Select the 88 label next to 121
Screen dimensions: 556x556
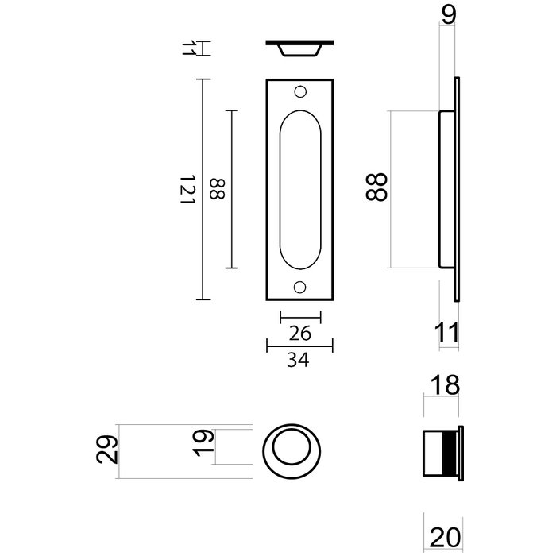(x=216, y=189)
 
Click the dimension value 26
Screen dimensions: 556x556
(x=299, y=334)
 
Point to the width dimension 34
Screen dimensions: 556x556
(x=299, y=361)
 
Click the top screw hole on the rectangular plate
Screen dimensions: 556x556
(x=300, y=91)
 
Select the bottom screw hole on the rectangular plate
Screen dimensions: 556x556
(x=300, y=287)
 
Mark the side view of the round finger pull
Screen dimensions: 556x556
(x=439, y=452)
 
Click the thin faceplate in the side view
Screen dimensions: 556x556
(x=457, y=189)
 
